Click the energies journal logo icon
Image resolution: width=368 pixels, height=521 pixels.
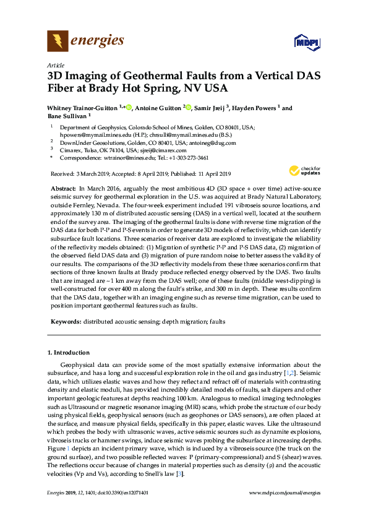(x=58, y=41)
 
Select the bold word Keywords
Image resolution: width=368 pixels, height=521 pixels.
(x=66, y=322)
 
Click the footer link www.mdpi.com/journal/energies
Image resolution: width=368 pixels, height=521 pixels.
(x=285, y=509)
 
